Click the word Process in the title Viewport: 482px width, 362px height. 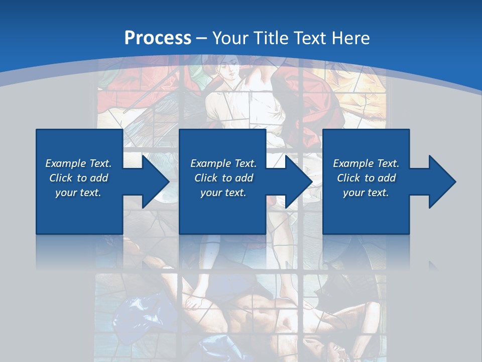coord(158,38)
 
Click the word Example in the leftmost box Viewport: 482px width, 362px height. coord(66,163)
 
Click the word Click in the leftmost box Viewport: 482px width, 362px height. coord(61,178)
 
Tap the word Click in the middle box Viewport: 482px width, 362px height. coord(206,178)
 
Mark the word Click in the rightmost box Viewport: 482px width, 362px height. coord(348,178)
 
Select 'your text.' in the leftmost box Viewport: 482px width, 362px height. coord(78,193)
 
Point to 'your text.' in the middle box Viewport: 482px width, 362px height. coord(223,193)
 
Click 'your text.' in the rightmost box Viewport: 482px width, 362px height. coord(366,193)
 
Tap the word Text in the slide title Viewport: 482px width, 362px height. coord(310,38)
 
